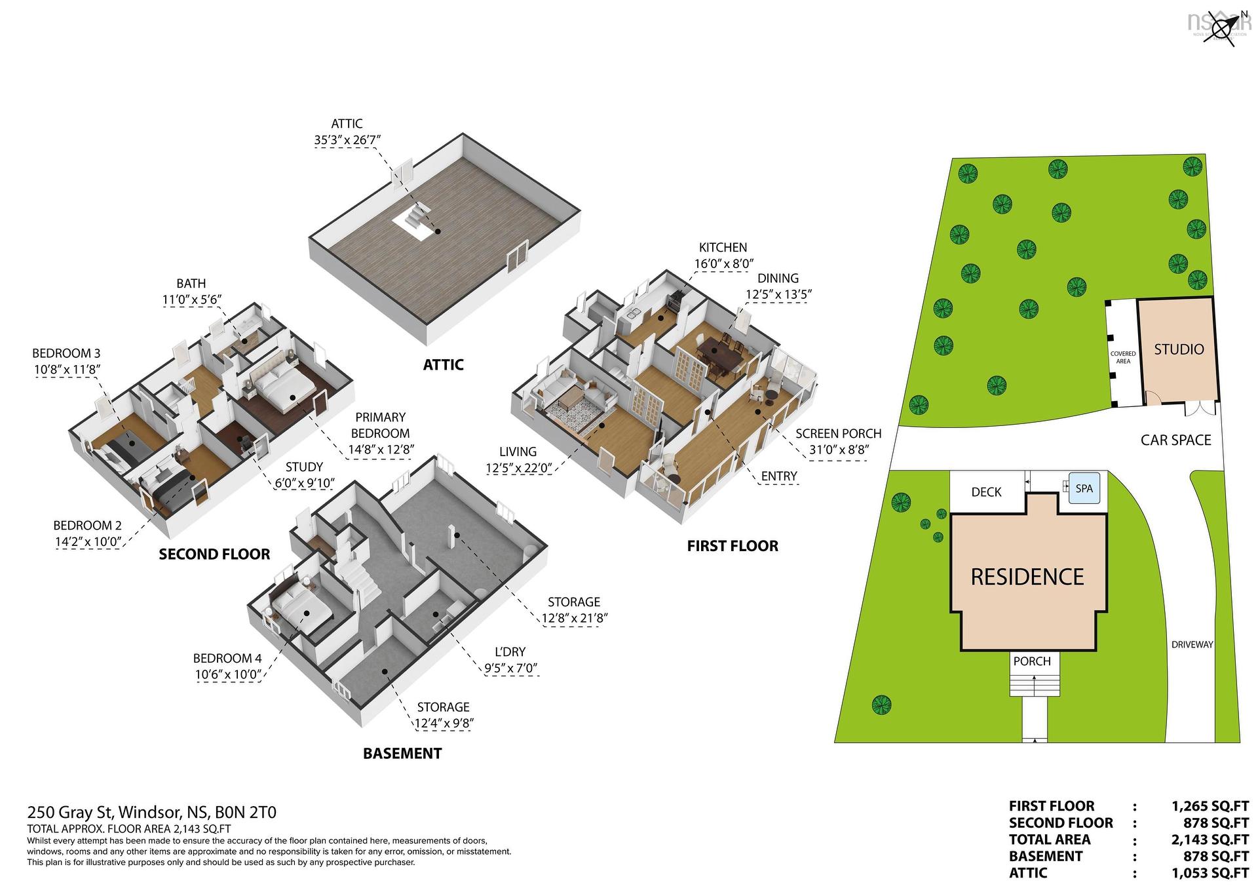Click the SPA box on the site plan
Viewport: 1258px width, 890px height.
[x=1084, y=488]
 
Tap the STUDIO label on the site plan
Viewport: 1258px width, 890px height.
[x=1179, y=349]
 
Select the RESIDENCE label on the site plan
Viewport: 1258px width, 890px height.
[x=1027, y=577]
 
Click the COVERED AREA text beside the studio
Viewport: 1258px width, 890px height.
[x=1123, y=357]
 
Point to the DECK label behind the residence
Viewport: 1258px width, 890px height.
[x=986, y=492]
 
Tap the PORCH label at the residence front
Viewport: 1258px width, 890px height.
[x=1032, y=661]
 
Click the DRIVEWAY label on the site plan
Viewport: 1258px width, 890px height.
[x=1192, y=644]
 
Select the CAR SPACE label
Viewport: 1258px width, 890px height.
[x=1175, y=440]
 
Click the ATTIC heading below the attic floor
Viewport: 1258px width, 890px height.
[x=443, y=364]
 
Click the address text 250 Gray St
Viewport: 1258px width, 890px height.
[x=70, y=813]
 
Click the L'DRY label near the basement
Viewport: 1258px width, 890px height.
[x=510, y=651]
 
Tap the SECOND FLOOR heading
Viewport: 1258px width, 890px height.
[x=214, y=554]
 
